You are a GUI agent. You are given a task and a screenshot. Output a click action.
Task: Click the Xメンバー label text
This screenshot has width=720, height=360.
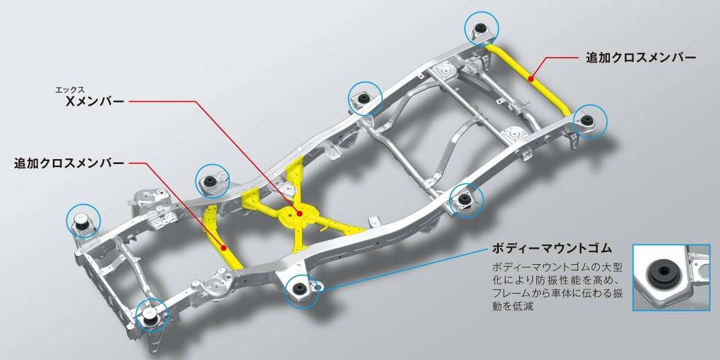tap(95, 101)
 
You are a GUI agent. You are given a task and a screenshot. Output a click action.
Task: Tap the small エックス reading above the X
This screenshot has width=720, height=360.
tap(69, 90)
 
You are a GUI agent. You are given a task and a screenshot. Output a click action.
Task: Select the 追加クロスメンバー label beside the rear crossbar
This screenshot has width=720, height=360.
tap(641, 58)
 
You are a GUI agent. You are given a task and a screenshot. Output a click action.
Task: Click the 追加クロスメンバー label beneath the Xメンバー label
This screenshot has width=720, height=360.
tap(69, 163)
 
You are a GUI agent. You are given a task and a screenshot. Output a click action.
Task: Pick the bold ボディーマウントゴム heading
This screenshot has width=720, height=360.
tap(552, 249)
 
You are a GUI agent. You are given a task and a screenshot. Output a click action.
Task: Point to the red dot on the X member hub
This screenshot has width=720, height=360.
tap(299, 214)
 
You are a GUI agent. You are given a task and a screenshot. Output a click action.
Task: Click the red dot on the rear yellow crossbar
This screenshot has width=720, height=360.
tap(531, 79)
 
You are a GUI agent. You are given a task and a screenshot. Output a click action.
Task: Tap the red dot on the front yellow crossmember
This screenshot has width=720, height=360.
tap(225, 248)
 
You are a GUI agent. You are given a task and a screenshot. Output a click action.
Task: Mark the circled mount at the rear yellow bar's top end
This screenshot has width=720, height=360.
tap(481, 28)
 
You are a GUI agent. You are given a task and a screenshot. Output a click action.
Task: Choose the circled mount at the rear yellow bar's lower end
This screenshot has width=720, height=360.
tap(590, 121)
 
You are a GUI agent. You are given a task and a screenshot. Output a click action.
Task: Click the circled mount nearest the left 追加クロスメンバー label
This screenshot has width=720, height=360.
tap(213, 180)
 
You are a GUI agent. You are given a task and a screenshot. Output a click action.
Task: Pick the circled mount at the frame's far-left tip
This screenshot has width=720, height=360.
tap(83, 221)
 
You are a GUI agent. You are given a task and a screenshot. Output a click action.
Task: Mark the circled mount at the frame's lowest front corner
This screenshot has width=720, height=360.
tap(152, 315)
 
